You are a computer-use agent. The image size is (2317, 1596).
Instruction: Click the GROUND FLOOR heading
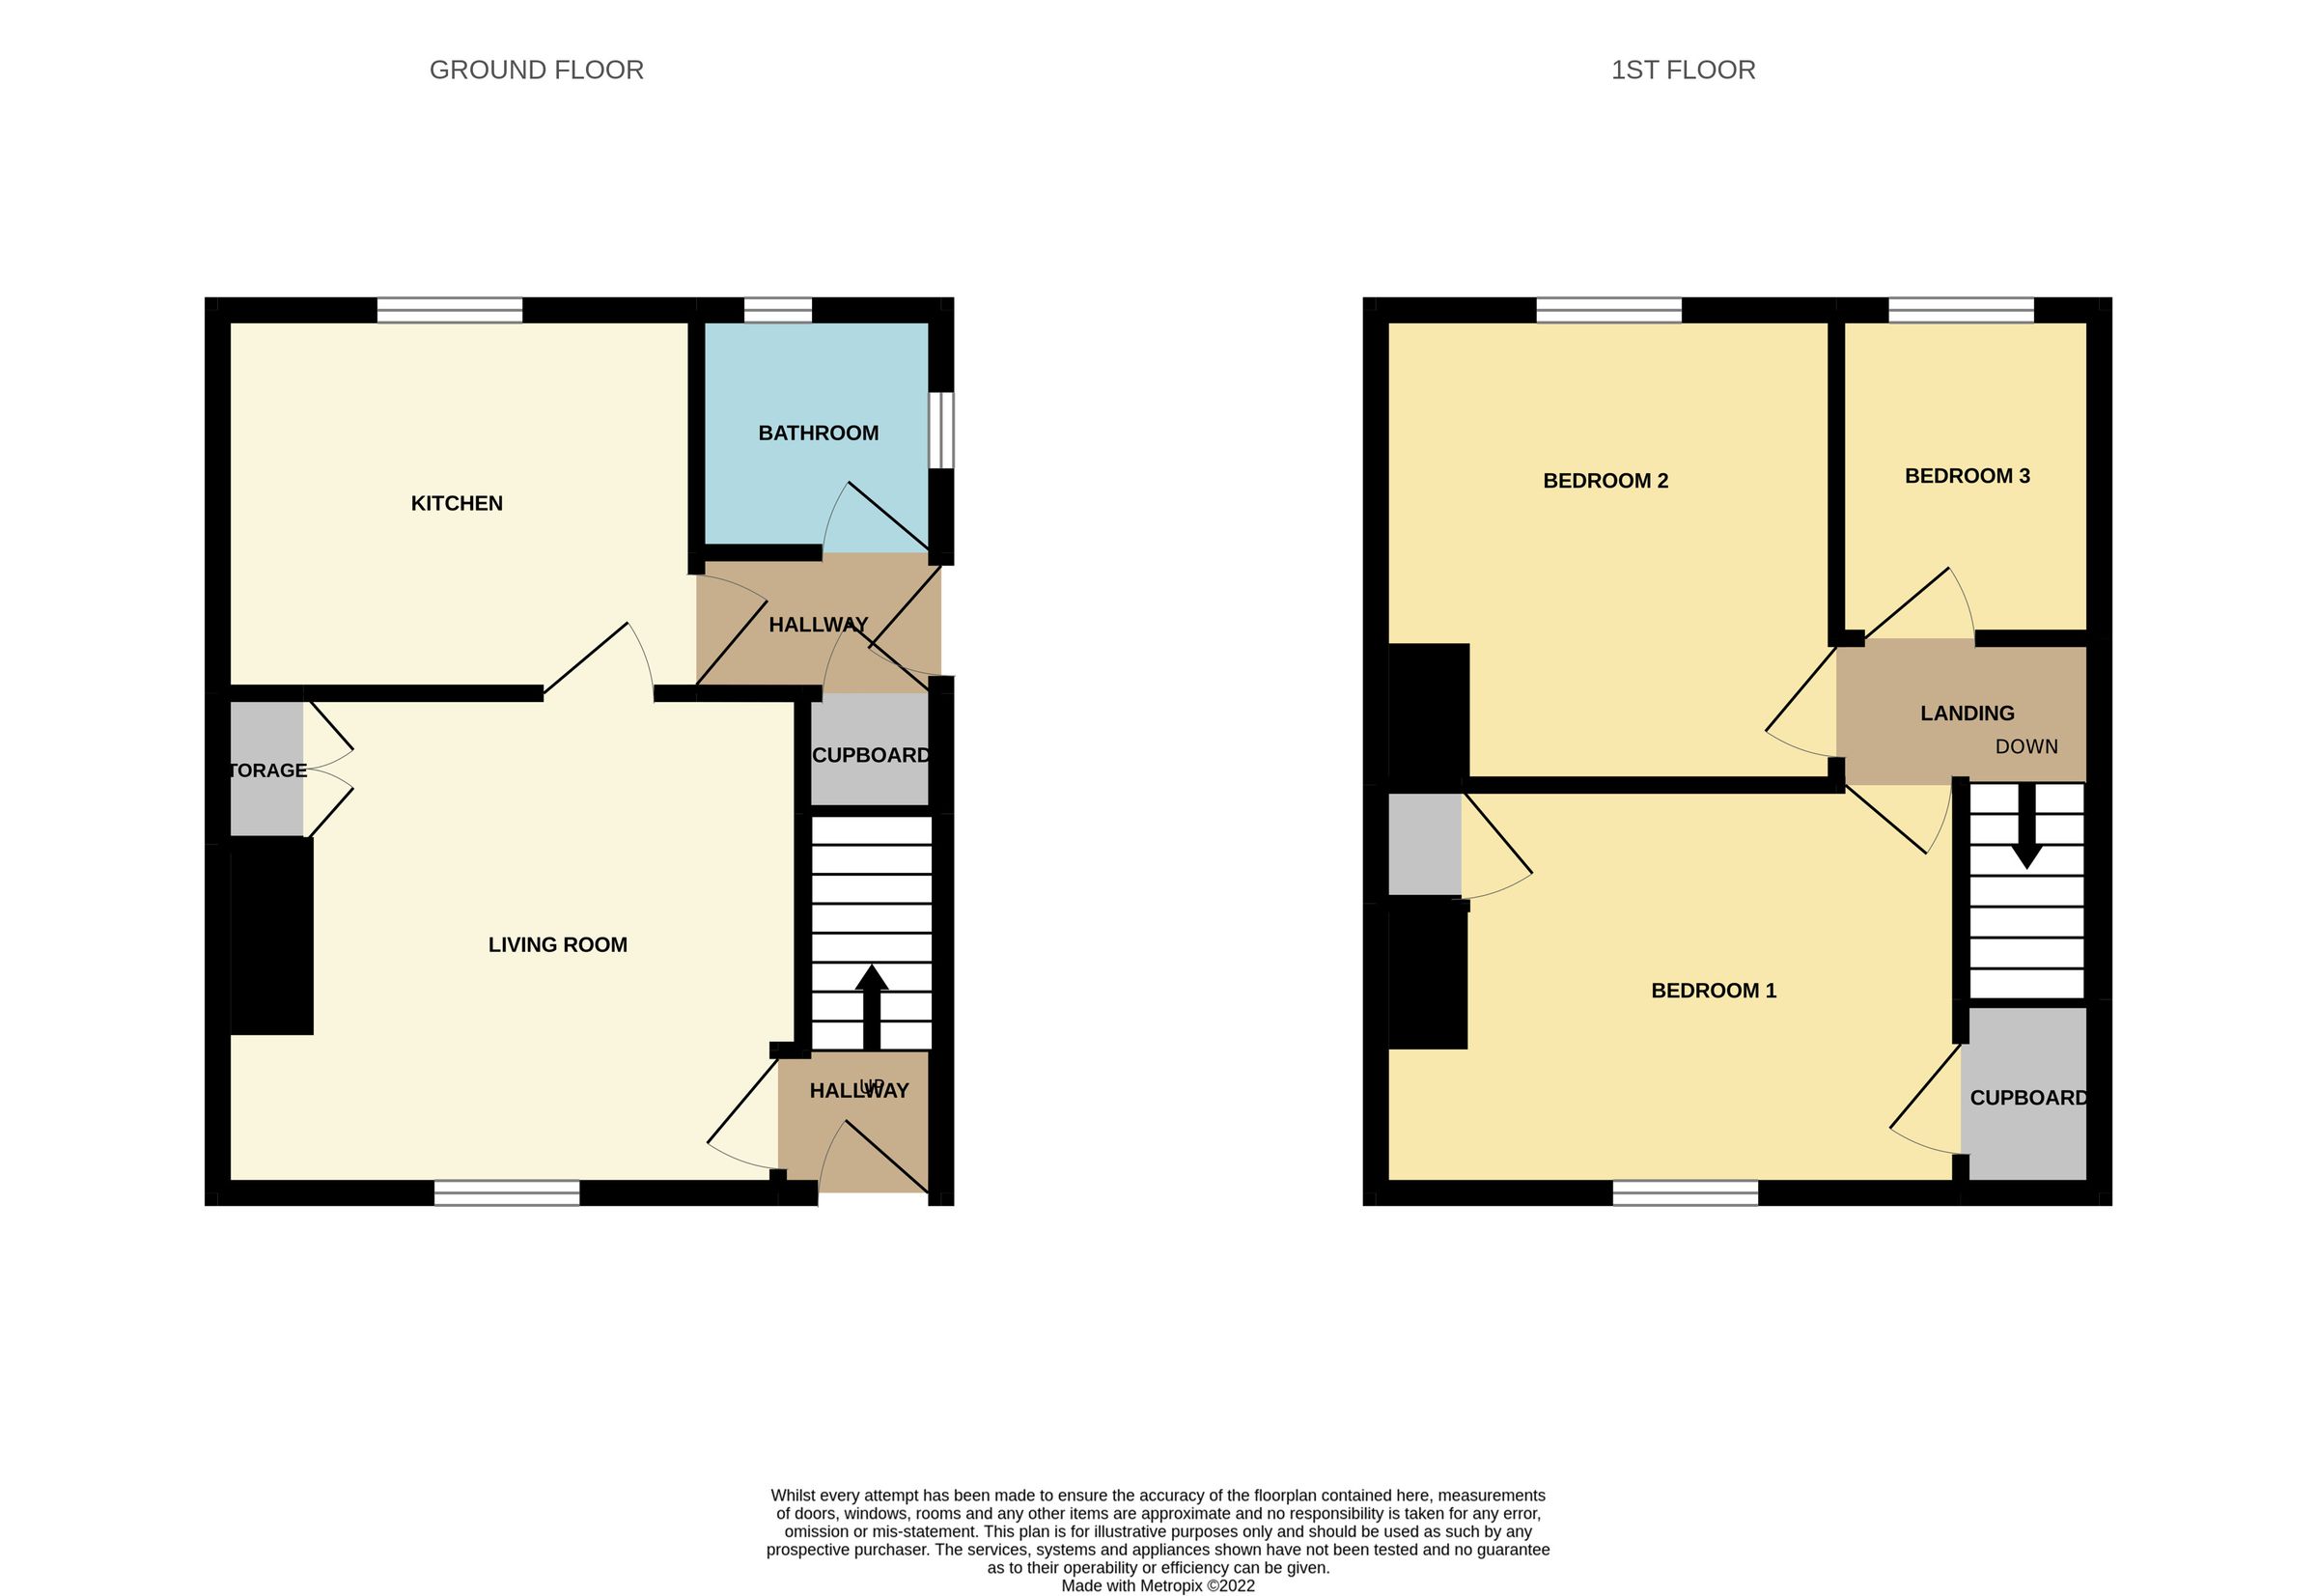pos(536,70)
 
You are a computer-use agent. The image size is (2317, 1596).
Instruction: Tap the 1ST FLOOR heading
pos(1683,70)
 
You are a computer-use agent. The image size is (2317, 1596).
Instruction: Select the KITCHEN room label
pos(457,503)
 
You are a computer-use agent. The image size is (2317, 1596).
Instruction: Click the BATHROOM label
pos(818,433)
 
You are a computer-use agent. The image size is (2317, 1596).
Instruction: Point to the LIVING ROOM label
pos(558,945)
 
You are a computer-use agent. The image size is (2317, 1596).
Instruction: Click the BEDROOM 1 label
pos(1713,990)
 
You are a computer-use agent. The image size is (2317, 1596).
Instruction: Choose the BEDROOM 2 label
pos(1605,480)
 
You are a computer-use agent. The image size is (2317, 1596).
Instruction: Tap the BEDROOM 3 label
pos(1967,476)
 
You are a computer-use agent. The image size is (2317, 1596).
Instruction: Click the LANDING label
pos(1967,713)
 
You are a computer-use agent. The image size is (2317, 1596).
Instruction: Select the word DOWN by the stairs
pos(2026,746)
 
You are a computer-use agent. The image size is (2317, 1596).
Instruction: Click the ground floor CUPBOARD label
pos(870,755)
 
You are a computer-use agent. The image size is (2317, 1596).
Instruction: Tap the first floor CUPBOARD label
pos(2028,1097)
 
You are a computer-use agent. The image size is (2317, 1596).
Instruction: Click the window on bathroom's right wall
pos(941,430)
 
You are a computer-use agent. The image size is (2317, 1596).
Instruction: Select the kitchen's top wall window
pos(450,310)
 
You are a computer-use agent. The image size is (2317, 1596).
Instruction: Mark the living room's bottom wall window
pos(507,1193)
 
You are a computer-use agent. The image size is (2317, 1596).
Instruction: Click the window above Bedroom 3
pos(1961,310)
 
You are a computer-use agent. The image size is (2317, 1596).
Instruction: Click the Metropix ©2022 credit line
pos(1158,1585)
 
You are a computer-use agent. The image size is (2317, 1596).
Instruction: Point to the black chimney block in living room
pos(272,935)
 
